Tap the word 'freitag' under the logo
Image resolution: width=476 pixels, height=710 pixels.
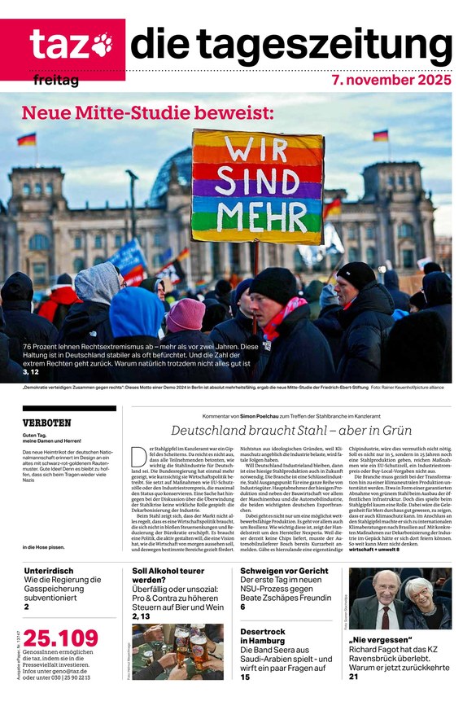coord(56,81)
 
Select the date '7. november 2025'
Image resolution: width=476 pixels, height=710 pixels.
coord(391,81)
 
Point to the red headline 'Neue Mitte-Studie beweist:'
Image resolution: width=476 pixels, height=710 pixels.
coord(147,113)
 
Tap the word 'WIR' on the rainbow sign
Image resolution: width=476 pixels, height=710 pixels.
coord(257,151)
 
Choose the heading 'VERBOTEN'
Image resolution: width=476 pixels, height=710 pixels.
coord(46,423)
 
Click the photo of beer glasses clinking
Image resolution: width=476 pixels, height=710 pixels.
coord(177,651)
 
